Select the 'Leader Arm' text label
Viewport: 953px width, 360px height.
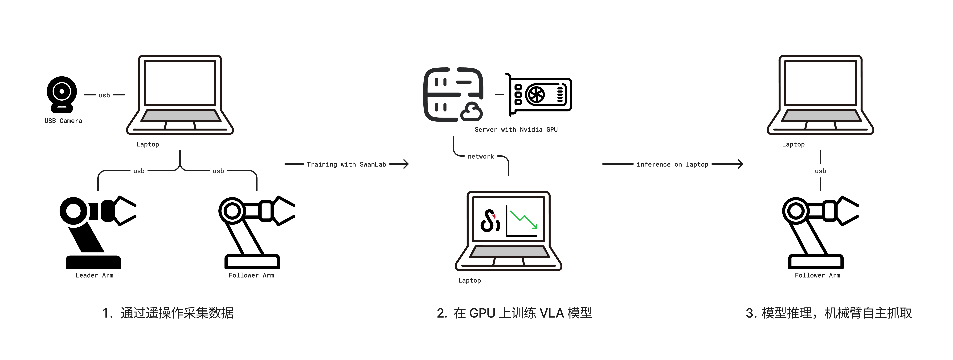click(94, 275)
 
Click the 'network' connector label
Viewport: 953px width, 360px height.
click(481, 156)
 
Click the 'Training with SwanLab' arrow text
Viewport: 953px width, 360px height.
click(346, 164)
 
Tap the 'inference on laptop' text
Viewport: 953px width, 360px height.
click(672, 164)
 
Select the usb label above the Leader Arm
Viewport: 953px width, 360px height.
click(139, 171)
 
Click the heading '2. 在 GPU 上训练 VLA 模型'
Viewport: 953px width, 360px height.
click(514, 313)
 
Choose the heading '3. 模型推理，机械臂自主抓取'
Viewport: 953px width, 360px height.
click(829, 313)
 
